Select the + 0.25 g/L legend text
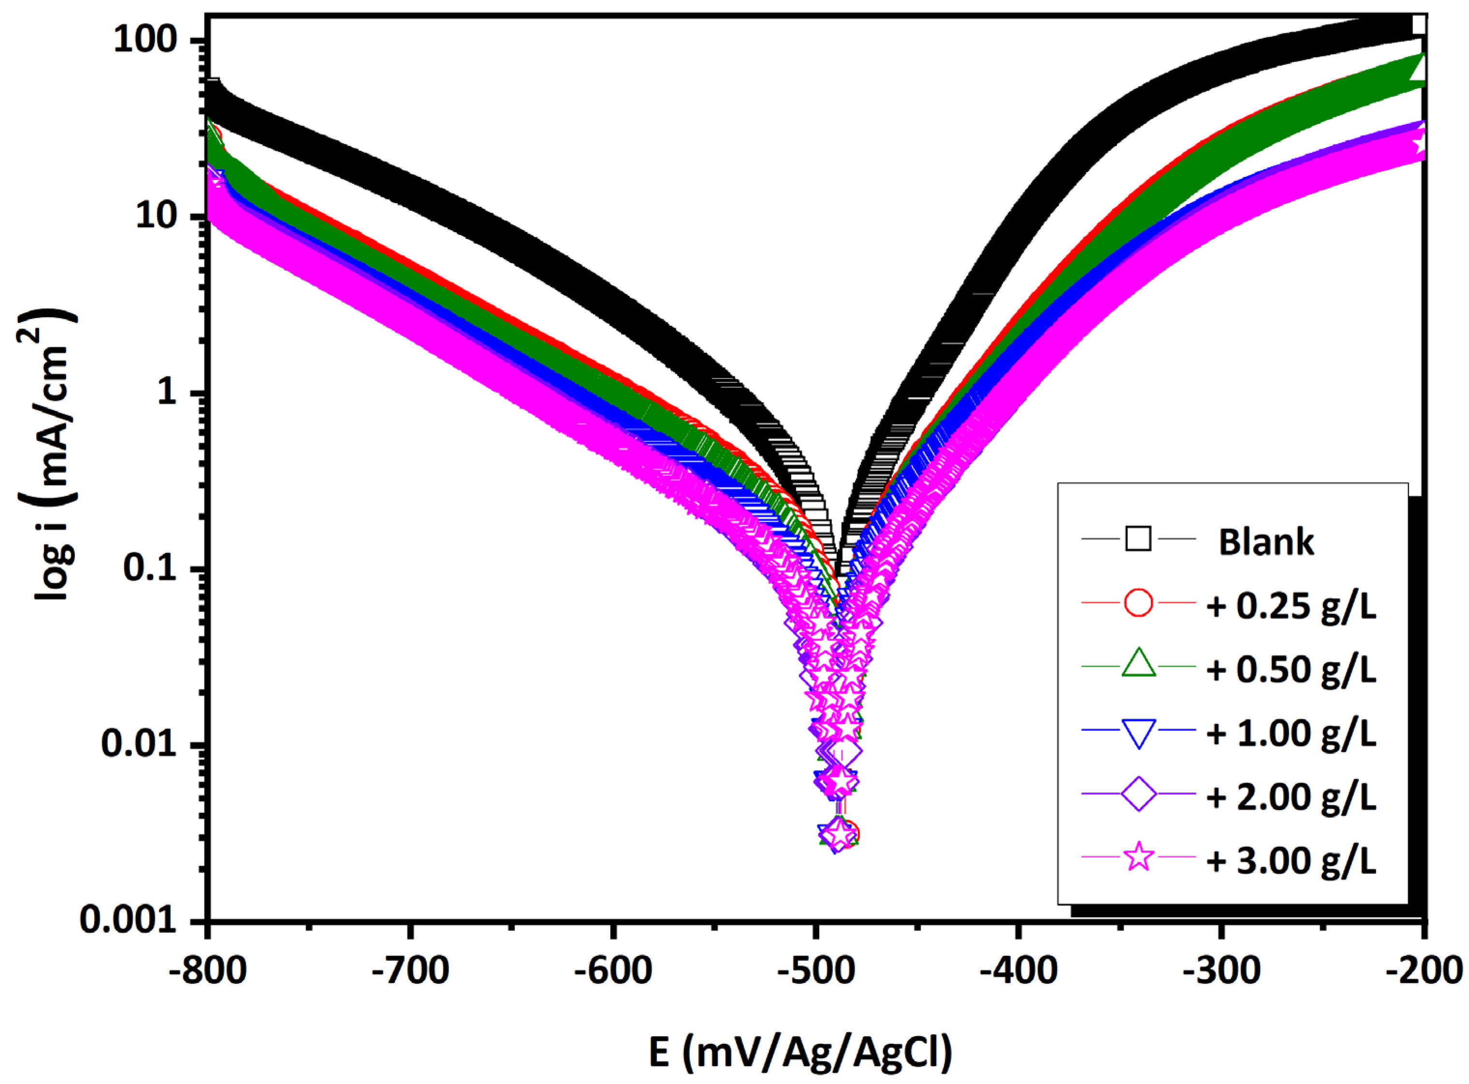click(1291, 606)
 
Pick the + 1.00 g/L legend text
click(1291, 733)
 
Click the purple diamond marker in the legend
click(1138, 794)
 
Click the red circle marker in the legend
click(1138, 602)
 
